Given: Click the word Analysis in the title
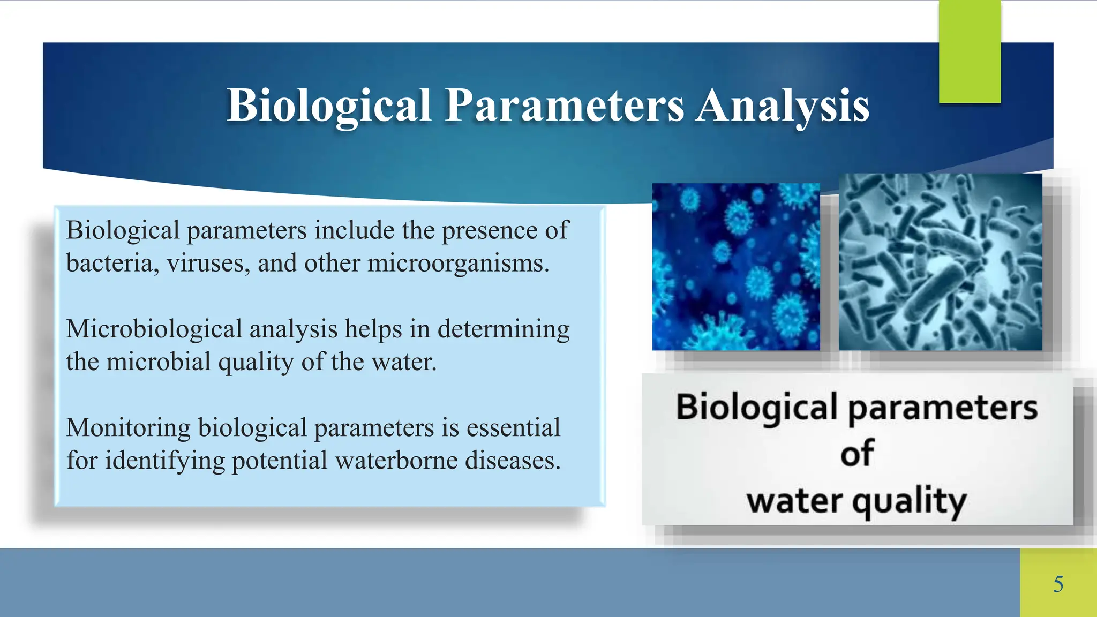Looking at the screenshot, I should coord(783,106).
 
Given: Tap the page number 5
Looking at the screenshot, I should coord(1058,584).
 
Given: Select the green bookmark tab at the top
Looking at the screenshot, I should coord(970,51).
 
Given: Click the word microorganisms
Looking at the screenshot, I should coord(458,263).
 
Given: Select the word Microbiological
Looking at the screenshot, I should coord(154,329).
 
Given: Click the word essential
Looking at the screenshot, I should coord(513,427).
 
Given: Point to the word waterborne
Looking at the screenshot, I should coord(395,460).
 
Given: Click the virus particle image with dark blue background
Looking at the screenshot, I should coord(735,267).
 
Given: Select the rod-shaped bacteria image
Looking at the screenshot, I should coord(940,262).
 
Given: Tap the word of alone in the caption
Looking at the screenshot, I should coord(857,454).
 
